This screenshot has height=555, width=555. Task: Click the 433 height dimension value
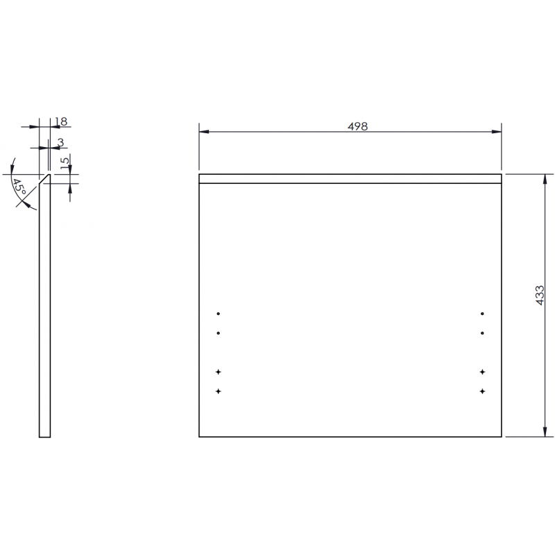[540, 296]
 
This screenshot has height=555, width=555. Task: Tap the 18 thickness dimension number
[60, 121]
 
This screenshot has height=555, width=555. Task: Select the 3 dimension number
[60, 142]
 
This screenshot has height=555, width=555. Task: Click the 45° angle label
[19, 188]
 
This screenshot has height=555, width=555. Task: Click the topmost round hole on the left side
[219, 313]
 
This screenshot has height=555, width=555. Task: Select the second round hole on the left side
[219, 333]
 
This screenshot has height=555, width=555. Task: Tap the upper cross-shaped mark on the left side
[219, 373]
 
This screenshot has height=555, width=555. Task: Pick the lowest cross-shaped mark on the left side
[219, 392]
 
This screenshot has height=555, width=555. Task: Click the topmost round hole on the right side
[481, 313]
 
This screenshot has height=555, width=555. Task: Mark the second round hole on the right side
[481, 333]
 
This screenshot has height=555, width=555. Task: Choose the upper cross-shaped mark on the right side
[481, 373]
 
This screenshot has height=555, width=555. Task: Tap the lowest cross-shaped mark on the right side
[481, 392]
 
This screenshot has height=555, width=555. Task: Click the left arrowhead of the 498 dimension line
[203, 132]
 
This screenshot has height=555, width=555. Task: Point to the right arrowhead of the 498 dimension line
[497, 132]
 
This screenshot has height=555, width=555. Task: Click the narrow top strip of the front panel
[350, 178]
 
